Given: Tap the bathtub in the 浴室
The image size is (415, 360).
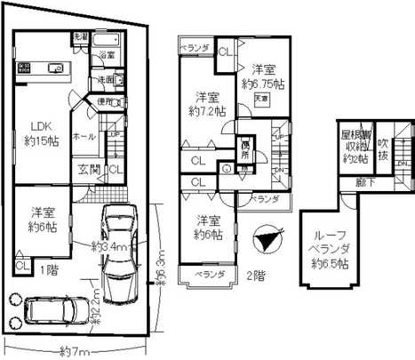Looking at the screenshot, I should (107, 43).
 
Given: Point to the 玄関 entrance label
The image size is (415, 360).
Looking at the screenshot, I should (88, 169).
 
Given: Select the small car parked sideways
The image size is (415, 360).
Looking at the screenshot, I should (53, 310).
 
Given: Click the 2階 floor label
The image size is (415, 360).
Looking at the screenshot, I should (255, 275).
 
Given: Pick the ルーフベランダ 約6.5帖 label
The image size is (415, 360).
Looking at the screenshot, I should (331, 252).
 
